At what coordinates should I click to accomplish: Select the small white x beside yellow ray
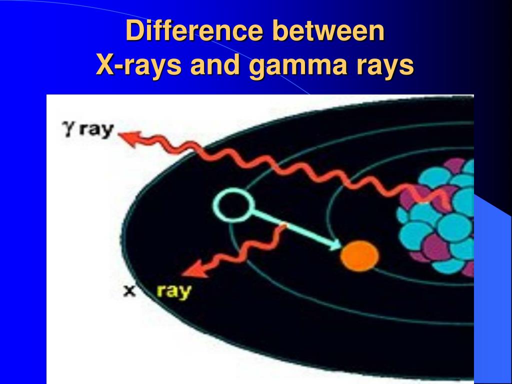point(130,290)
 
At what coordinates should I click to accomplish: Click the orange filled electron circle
point(359,255)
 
